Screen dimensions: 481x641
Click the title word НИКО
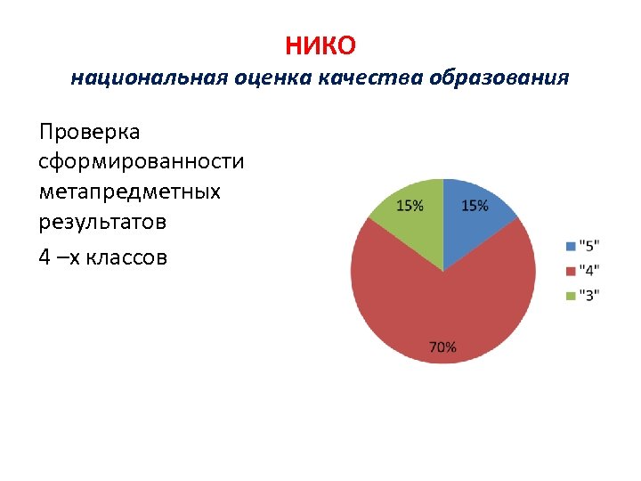pos(320,44)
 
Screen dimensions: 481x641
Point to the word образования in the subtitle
pos(499,78)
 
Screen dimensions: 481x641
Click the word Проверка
pos(89,133)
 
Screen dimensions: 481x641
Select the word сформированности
pos(142,162)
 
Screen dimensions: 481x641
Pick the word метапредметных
pos(129,192)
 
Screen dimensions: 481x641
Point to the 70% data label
pos(442,347)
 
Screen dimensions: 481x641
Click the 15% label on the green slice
pos(410,206)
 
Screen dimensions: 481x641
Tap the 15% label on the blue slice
pos(475,206)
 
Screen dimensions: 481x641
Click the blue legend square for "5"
pos(571,245)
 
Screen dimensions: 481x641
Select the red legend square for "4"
pos(571,271)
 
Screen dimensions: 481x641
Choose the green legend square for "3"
pos(571,296)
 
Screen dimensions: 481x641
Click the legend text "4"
pos(589,271)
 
